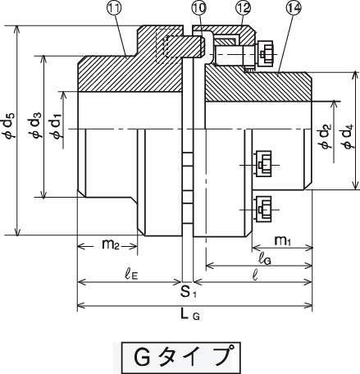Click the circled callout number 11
point(114,8)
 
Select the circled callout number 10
point(198,8)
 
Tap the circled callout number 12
point(243,8)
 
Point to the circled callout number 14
point(294,8)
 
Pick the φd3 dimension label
point(35,125)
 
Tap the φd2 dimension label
point(326,136)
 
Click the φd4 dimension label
point(349,136)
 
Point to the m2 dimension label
point(111,244)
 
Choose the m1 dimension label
point(282,240)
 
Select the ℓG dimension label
point(265,258)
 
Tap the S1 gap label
point(188,292)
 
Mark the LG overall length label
point(190,315)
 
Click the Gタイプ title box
point(180,357)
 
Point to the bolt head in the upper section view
point(265,54)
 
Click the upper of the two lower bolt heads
point(262,165)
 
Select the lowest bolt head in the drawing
point(262,209)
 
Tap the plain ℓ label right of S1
point(255,275)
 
